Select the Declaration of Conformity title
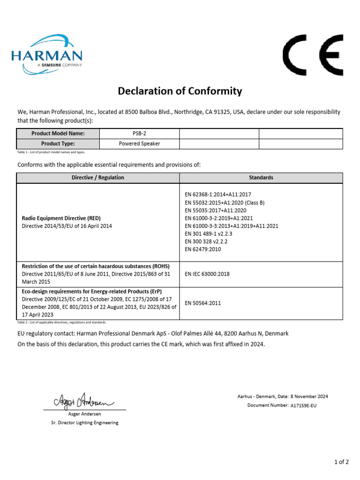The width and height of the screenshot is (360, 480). point(180,91)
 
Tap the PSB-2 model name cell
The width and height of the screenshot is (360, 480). point(140,134)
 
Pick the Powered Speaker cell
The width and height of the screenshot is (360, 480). point(140,144)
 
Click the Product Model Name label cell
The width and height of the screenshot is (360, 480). point(58,134)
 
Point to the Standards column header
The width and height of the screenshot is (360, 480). point(261,178)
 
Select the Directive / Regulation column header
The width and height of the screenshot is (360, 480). point(98,178)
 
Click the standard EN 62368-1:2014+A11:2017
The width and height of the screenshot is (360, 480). point(218,194)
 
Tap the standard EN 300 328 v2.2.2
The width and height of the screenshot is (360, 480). point(209,241)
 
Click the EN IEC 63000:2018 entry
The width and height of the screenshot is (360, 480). point(207,274)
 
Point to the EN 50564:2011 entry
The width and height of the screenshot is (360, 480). point(203,303)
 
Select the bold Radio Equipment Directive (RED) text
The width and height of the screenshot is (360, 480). point(61,218)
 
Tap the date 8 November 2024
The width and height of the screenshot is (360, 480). point(309,396)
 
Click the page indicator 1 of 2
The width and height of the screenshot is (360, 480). point(341,462)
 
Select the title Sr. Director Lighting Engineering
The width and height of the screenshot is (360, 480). point(85,422)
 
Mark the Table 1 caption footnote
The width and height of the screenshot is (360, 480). point(52,152)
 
